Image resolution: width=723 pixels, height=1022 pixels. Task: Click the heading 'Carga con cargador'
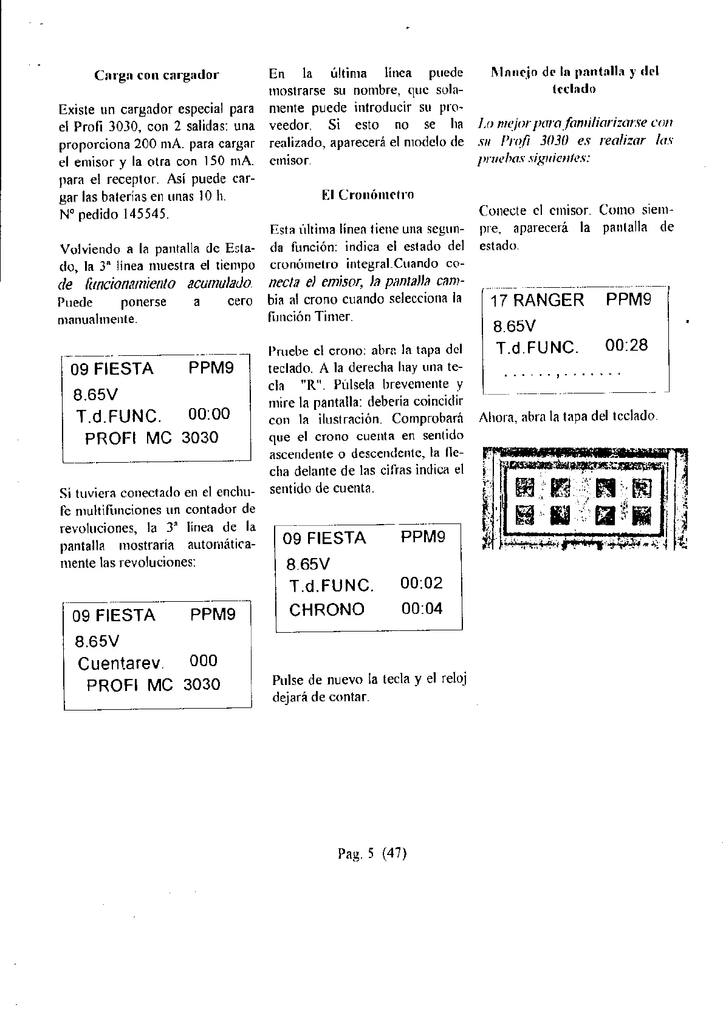point(156,75)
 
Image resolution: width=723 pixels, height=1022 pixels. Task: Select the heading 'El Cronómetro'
point(368,195)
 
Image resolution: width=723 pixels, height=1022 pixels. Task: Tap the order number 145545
point(139,214)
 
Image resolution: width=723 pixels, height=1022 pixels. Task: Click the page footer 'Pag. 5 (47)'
point(371,853)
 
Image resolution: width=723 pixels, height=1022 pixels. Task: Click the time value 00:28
point(626,346)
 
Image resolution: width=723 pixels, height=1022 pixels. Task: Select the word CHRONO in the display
point(327,610)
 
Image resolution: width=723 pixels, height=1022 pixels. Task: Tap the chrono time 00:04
point(422,608)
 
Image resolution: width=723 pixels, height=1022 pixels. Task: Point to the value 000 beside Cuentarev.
point(203,661)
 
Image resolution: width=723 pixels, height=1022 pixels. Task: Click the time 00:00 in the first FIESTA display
point(209,414)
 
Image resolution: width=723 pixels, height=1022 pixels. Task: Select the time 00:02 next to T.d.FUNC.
point(422,584)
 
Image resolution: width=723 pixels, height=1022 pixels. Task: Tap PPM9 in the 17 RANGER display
point(628,300)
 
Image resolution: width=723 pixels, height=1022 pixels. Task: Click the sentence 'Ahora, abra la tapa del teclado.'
point(568,417)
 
